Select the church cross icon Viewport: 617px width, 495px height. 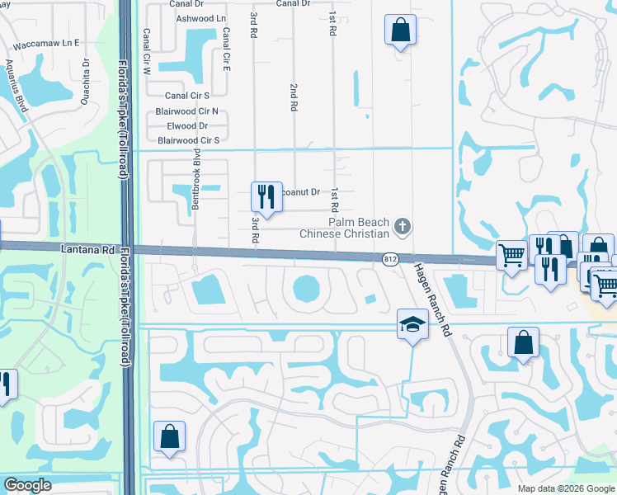402,225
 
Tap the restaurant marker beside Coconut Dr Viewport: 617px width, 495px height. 266,196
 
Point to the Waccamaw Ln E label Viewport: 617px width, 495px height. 46,42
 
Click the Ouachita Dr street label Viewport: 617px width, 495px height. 85,73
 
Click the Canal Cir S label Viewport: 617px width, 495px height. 187,96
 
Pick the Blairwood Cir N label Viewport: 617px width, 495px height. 187,111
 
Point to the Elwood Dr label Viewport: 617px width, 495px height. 187,126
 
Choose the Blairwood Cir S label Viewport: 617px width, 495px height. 188,141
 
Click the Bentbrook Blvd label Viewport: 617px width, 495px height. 197,180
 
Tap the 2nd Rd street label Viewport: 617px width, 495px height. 293,97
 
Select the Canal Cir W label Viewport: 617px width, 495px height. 147,53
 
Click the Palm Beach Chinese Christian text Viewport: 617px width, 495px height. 358,228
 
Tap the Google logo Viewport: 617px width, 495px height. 26,485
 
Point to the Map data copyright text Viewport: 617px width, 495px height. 565,488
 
